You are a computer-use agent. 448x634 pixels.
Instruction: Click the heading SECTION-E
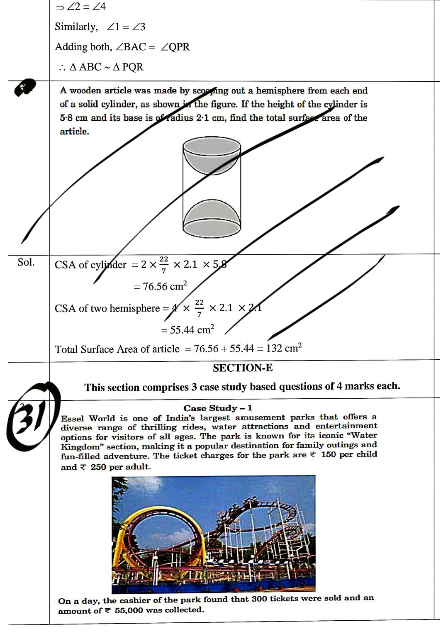point(243,368)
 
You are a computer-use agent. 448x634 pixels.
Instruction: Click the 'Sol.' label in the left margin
point(26,262)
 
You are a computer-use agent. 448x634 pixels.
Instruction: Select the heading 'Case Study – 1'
point(218,408)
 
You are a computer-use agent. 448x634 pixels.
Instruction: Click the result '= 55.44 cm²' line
point(187,330)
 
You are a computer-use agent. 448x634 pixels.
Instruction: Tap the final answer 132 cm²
point(284,348)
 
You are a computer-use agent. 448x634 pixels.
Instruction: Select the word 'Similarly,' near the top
point(76,27)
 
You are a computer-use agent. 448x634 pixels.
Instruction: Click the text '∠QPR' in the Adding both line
point(175,47)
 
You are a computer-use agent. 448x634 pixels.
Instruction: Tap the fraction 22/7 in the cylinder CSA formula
point(164,265)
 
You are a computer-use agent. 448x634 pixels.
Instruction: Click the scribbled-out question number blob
point(25,88)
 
